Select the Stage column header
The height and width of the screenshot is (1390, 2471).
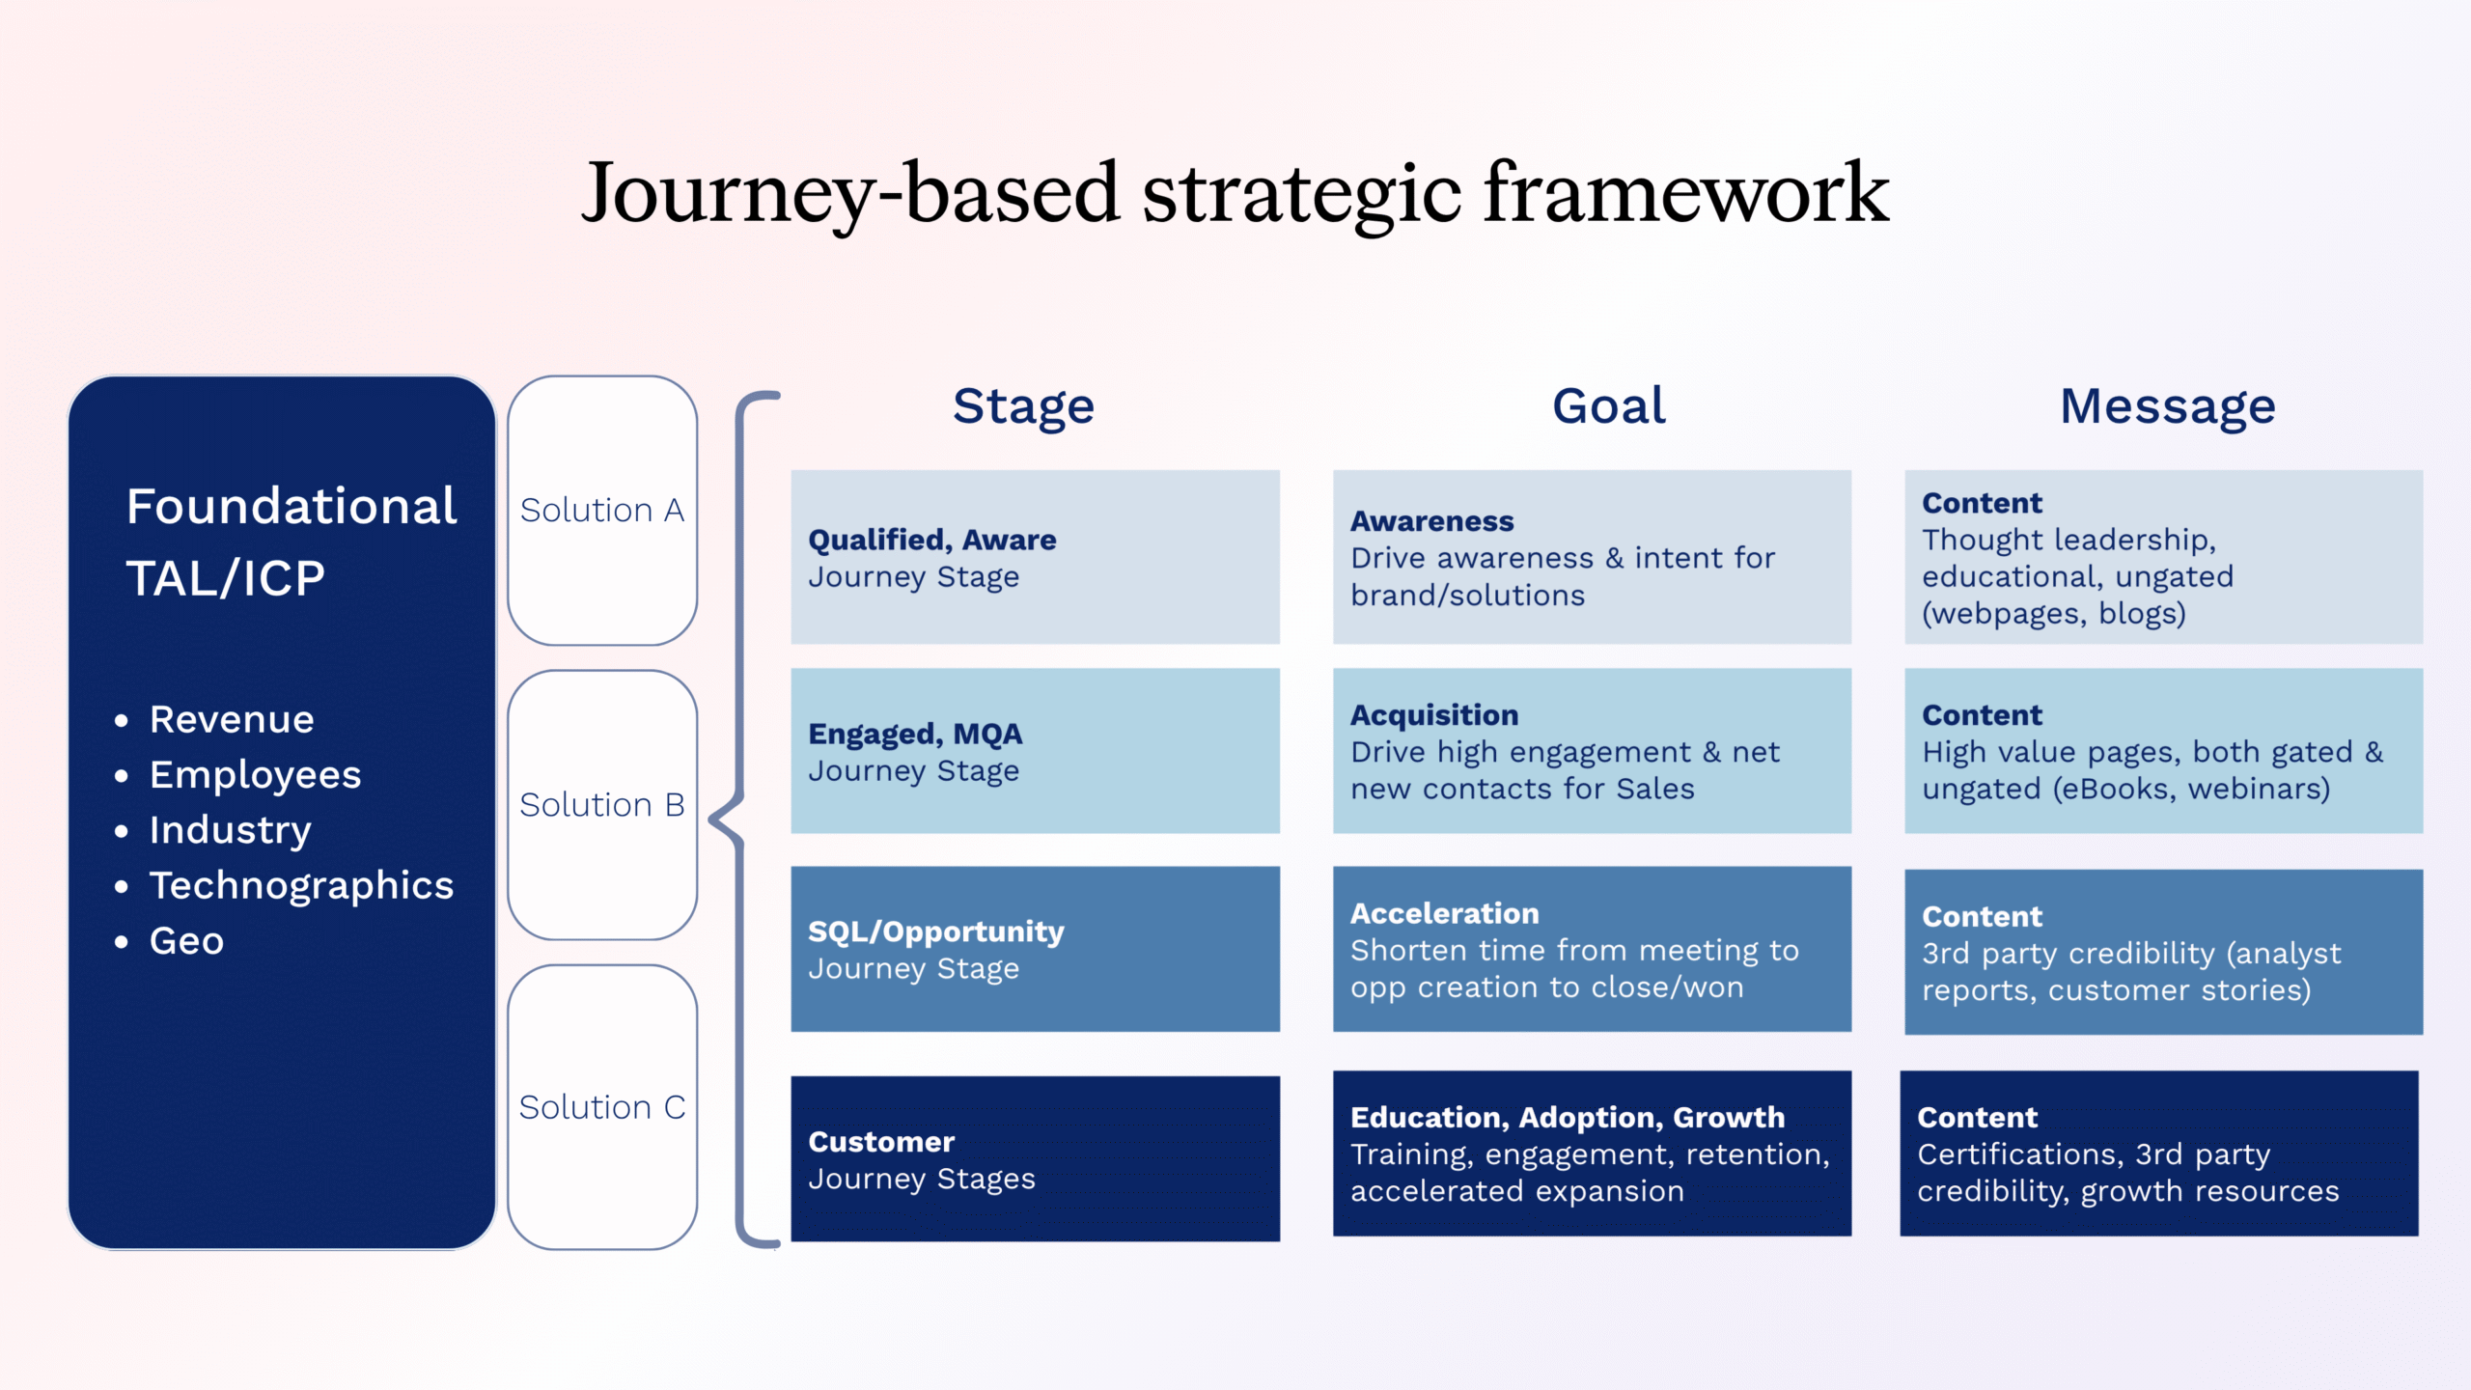coord(1023,406)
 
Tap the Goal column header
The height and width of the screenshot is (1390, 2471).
coord(1609,406)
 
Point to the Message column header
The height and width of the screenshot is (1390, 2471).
coord(2168,406)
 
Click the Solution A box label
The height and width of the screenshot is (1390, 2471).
coord(601,510)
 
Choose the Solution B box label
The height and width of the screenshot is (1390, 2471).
coord(601,805)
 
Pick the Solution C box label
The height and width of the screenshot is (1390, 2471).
coord(601,1107)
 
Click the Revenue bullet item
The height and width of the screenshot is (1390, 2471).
coord(232,719)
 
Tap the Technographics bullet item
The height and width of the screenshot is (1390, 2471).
coord(301,885)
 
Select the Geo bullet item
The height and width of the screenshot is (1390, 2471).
coord(186,941)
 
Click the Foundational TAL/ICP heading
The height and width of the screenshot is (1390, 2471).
coord(290,542)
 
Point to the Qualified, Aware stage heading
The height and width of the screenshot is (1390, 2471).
coord(931,540)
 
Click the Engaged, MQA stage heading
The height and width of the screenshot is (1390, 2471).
coord(914,735)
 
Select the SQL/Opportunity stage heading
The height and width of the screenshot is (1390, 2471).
coord(935,931)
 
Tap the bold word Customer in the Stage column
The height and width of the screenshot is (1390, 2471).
coord(881,1142)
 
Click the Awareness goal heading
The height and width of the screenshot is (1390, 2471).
coord(1431,521)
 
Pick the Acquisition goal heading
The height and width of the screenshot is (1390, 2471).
coord(1433,715)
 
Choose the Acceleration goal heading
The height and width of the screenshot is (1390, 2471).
coord(1444,913)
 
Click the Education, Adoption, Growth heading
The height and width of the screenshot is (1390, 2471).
coord(1567,1117)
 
